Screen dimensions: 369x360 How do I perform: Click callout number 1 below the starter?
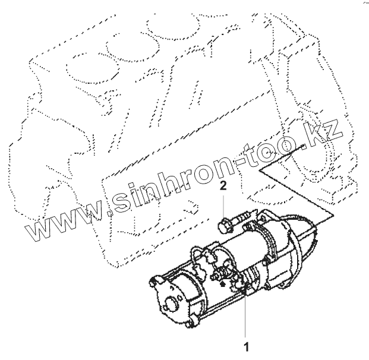(244, 344)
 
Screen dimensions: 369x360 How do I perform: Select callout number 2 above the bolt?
(223, 187)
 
